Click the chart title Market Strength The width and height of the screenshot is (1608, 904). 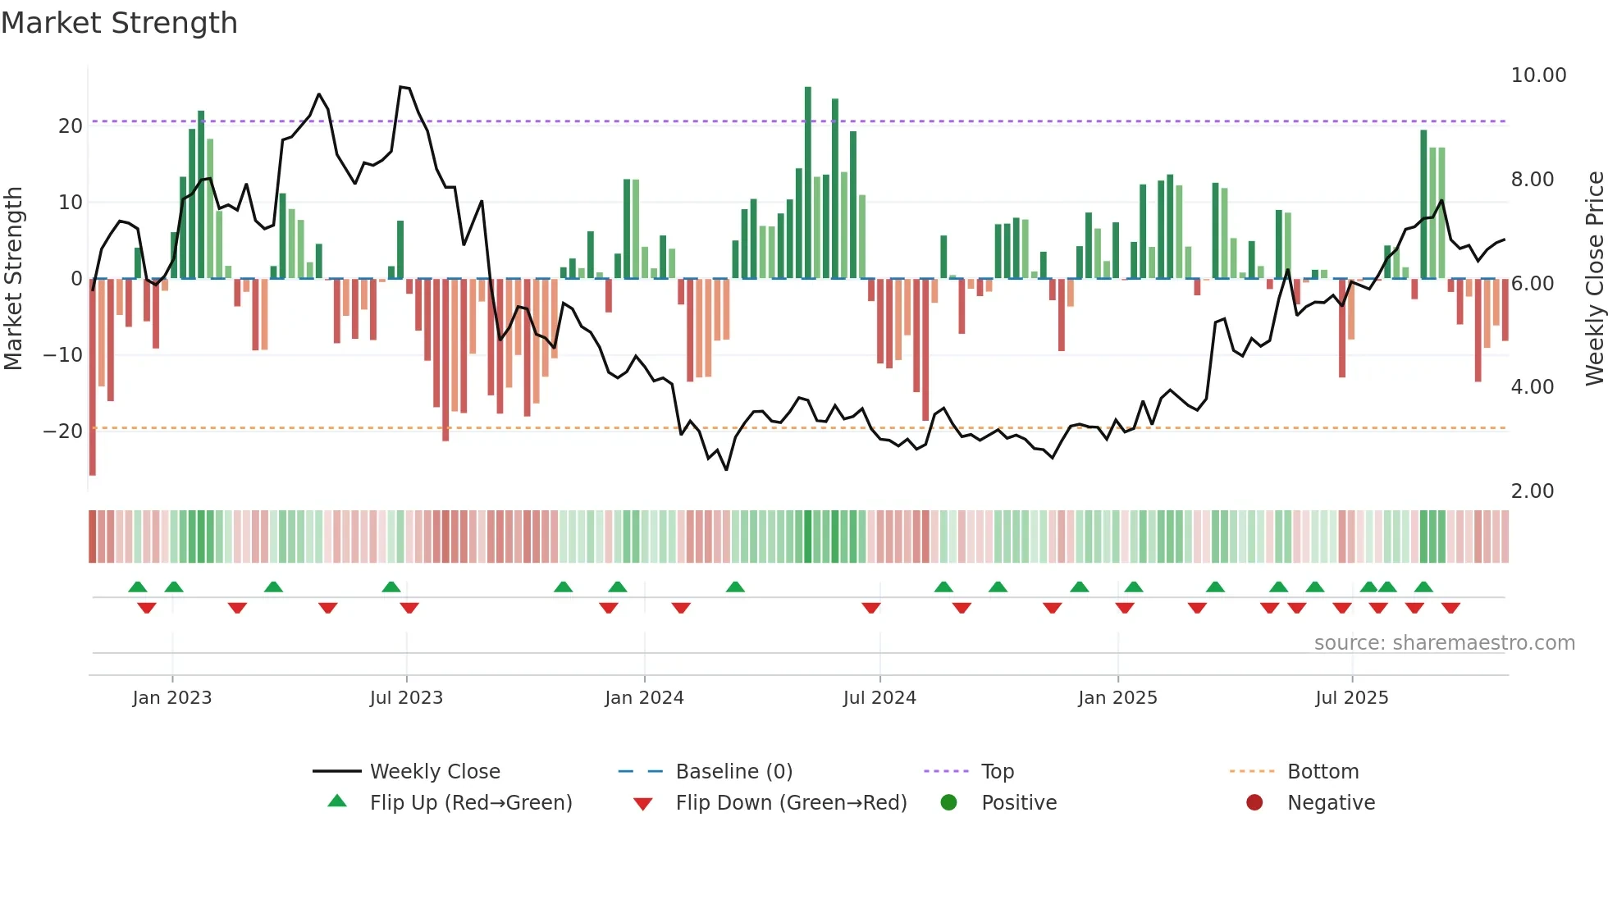click(x=119, y=23)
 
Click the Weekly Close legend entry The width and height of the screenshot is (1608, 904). click(x=434, y=771)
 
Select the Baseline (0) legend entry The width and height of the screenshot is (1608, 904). click(x=733, y=771)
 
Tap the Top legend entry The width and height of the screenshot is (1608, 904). click(x=997, y=771)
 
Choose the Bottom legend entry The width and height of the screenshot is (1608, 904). click(x=1322, y=771)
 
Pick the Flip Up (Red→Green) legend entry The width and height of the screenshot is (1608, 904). click(x=470, y=802)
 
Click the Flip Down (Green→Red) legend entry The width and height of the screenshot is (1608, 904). click(x=790, y=802)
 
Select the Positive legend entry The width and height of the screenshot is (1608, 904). click(x=1018, y=802)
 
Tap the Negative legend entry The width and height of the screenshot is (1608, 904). click(x=1330, y=802)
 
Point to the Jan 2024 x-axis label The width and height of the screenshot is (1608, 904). click(x=644, y=697)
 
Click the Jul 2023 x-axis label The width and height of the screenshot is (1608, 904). click(x=406, y=697)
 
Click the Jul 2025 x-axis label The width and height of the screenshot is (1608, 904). click(x=1351, y=697)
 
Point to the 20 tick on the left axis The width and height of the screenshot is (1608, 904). click(x=71, y=126)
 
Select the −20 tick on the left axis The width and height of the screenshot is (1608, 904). click(x=63, y=431)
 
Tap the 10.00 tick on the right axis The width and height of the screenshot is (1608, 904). click(x=1538, y=75)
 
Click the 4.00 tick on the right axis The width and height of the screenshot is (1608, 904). click(x=1532, y=386)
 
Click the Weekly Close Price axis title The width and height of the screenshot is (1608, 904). click(x=1594, y=278)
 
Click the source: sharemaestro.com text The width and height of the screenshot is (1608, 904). click(x=1444, y=642)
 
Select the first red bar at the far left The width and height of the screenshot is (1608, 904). click(x=93, y=377)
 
